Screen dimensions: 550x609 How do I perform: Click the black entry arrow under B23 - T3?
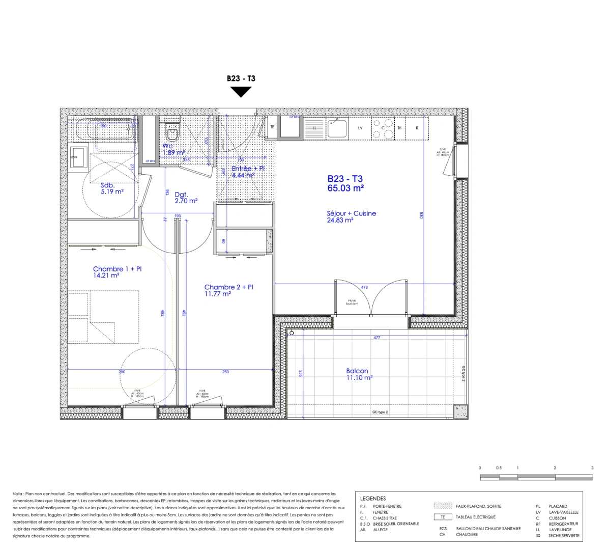coord(241,92)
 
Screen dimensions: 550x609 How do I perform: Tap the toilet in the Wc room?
coord(172,134)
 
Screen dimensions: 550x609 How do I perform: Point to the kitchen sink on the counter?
coord(336,128)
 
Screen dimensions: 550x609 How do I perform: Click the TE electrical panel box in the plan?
coord(272,127)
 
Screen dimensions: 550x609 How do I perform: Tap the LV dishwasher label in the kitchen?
coord(360,128)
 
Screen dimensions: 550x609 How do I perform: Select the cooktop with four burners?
coord(383,128)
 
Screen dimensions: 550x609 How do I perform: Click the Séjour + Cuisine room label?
coord(351,213)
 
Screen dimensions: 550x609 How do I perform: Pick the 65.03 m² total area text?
coord(345,188)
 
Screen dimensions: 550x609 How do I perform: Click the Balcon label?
coord(357,371)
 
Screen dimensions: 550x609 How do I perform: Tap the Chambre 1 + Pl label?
coord(117,269)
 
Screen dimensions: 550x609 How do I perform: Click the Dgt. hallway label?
coord(181,194)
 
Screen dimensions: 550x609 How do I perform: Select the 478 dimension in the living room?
coord(364,288)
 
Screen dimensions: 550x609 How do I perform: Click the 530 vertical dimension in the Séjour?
coord(421,215)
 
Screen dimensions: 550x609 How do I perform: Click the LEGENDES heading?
coord(372,499)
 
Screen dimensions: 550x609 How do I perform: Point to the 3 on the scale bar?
coord(592,468)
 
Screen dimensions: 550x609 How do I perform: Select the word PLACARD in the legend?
coord(558,506)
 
